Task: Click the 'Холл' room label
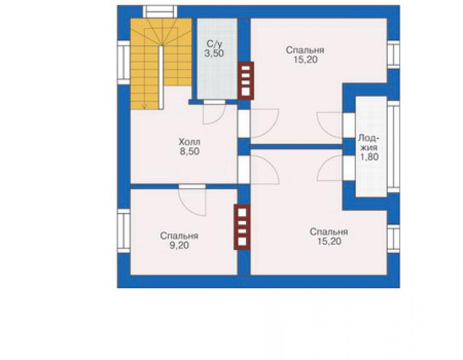pyautogui.click(x=190, y=141)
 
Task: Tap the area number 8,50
pyautogui.click(x=190, y=152)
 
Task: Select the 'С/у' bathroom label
pyautogui.click(x=214, y=44)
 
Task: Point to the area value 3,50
pyautogui.click(x=214, y=53)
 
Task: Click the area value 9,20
pyautogui.click(x=179, y=245)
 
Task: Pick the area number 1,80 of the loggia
pyautogui.click(x=369, y=157)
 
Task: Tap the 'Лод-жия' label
pyautogui.click(x=369, y=143)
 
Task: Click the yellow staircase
pyautogui.click(x=161, y=63)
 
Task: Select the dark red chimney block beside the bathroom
pyautogui.click(x=246, y=80)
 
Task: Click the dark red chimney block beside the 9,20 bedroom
pyautogui.click(x=242, y=227)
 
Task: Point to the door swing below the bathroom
pyautogui.click(x=215, y=114)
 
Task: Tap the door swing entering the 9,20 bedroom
pyautogui.click(x=192, y=202)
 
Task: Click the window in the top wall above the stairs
pyautogui.click(x=160, y=12)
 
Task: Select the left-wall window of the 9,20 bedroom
pyautogui.click(x=124, y=231)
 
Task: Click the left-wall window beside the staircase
pyautogui.click(x=124, y=63)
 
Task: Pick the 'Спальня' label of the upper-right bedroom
pyautogui.click(x=305, y=50)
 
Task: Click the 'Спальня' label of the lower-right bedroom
pyautogui.click(x=329, y=232)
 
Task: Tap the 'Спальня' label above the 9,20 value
pyautogui.click(x=179, y=236)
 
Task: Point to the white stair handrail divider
pyautogui.click(x=161, y=78)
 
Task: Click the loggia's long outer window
pyautogui.click(x=394, y=147)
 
